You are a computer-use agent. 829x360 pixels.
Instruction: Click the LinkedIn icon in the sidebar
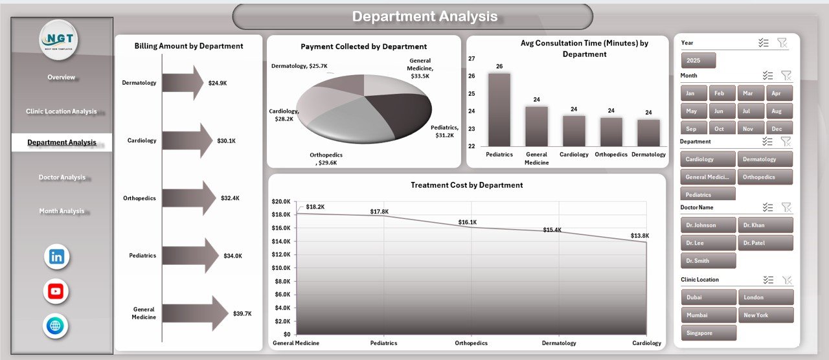(56, 257)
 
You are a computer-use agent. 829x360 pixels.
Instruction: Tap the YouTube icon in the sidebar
(56, 291)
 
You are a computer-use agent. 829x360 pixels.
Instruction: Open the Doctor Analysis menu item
(62, 177)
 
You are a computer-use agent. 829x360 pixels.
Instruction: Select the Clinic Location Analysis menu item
(62, 111)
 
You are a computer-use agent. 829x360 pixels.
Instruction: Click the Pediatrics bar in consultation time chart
(499, 109)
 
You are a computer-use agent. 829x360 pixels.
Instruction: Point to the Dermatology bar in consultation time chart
(648, 133)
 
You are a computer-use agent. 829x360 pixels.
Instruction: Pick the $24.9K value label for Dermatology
(218, 83)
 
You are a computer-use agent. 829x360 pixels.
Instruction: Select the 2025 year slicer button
(698, 60)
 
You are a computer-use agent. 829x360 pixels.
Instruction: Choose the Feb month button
(722, 93)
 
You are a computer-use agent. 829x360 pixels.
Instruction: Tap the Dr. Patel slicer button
(765, 243)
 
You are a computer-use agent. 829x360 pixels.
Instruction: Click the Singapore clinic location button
(708, 333)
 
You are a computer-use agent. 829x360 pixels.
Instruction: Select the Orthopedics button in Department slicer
(765, 177)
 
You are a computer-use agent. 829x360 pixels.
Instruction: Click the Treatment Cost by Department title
(466, 185)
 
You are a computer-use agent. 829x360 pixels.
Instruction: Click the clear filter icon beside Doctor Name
(786, 207)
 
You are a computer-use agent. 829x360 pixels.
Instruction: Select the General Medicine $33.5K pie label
(420, 68)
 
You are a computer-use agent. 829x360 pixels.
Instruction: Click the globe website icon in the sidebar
(56, 326)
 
